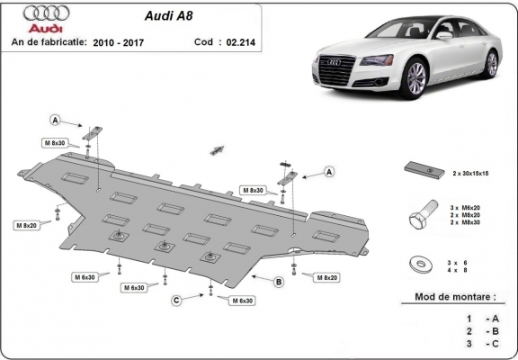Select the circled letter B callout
point(279,283)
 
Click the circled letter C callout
point(177,300)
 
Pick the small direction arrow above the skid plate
point(216,147)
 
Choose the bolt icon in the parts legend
point(418,216)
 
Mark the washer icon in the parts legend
point(420,264)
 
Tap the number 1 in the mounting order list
point(469,319)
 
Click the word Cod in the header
point(203,41)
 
